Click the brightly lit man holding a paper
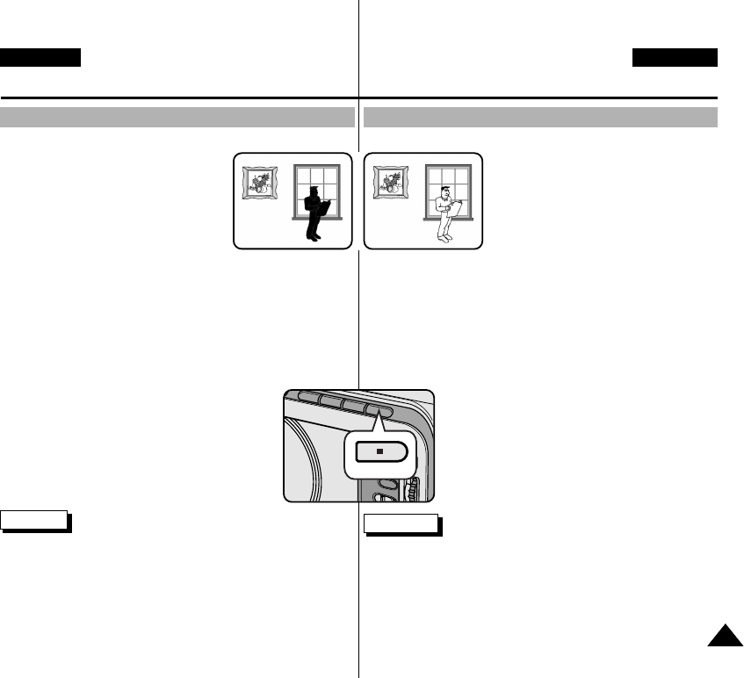tap(446, 213)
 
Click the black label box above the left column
tap(40, 58)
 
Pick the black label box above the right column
tap(675, 58)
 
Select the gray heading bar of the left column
tap(177, 118)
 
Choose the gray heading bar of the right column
tap(541, 118)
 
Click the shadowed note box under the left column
tap(35, 520)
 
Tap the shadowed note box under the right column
tap(401, 525)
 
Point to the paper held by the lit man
tap(456, 207)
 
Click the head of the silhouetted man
tap(314, 191)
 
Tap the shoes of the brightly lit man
tap(445, 238)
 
